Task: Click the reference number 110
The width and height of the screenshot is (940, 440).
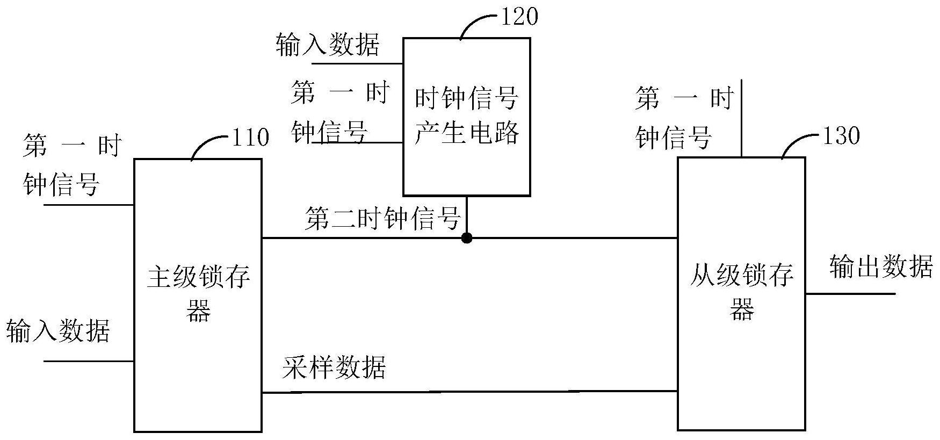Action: click(250, 138)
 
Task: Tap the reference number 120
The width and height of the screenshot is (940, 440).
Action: click(519, 17)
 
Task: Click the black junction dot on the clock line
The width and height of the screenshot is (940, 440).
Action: click(467, 237)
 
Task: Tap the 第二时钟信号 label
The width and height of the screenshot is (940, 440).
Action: click(383, 219)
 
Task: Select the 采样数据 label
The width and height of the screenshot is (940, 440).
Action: click(334, 368)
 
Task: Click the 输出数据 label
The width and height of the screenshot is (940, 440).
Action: click(881, 266)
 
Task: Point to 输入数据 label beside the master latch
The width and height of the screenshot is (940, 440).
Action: click(58, 330)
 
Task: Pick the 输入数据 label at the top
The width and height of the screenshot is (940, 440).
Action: click(328, 44)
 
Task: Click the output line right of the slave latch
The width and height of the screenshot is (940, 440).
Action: click(850, 294)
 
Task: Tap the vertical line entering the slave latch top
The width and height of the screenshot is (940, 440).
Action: click(741, 118)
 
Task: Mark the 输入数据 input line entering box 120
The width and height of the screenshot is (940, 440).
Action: click(357, 63)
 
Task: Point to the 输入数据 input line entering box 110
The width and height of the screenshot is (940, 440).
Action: click(89, 361)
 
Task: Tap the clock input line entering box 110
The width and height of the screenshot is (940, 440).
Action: click(89, 205)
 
